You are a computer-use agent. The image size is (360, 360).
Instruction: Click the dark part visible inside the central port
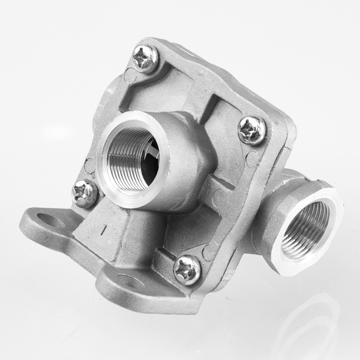click(x=150, y=156)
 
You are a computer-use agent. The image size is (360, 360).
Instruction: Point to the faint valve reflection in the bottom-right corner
click(x=315, y=324)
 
